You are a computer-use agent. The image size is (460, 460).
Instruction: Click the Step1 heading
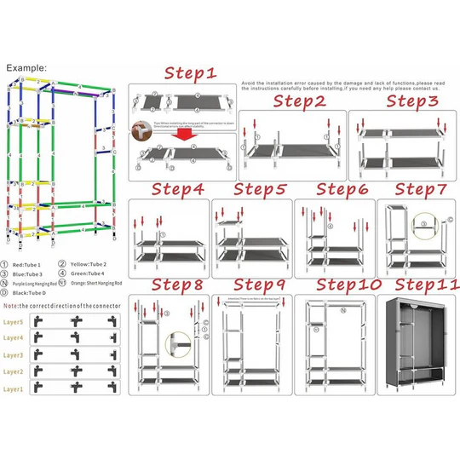190,74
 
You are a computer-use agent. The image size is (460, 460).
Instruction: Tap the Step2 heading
299,101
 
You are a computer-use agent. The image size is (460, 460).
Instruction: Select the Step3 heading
413,101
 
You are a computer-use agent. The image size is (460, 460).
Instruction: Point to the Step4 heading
178,189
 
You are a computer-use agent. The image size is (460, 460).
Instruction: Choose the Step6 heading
342,189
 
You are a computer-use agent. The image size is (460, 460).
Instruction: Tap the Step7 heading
422,189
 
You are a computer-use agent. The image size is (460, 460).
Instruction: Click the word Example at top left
26,67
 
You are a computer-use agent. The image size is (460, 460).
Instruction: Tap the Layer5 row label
13,322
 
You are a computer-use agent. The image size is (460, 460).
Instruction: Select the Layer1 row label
13,388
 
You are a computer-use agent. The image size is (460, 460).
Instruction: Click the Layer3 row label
13,355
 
